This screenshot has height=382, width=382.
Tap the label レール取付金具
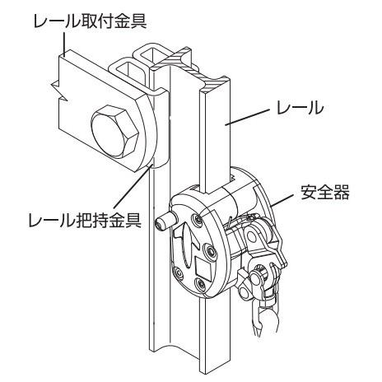point(90,21)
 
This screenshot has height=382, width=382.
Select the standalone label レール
point(300,108)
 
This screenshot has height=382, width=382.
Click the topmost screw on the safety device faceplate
point(197,219)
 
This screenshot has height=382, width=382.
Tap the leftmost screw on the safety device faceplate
point(178,274)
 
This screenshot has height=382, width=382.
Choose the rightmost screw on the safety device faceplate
point(211,250)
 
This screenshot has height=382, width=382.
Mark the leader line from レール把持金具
point(133,187)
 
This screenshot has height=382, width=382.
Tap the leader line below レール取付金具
point(64,44)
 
